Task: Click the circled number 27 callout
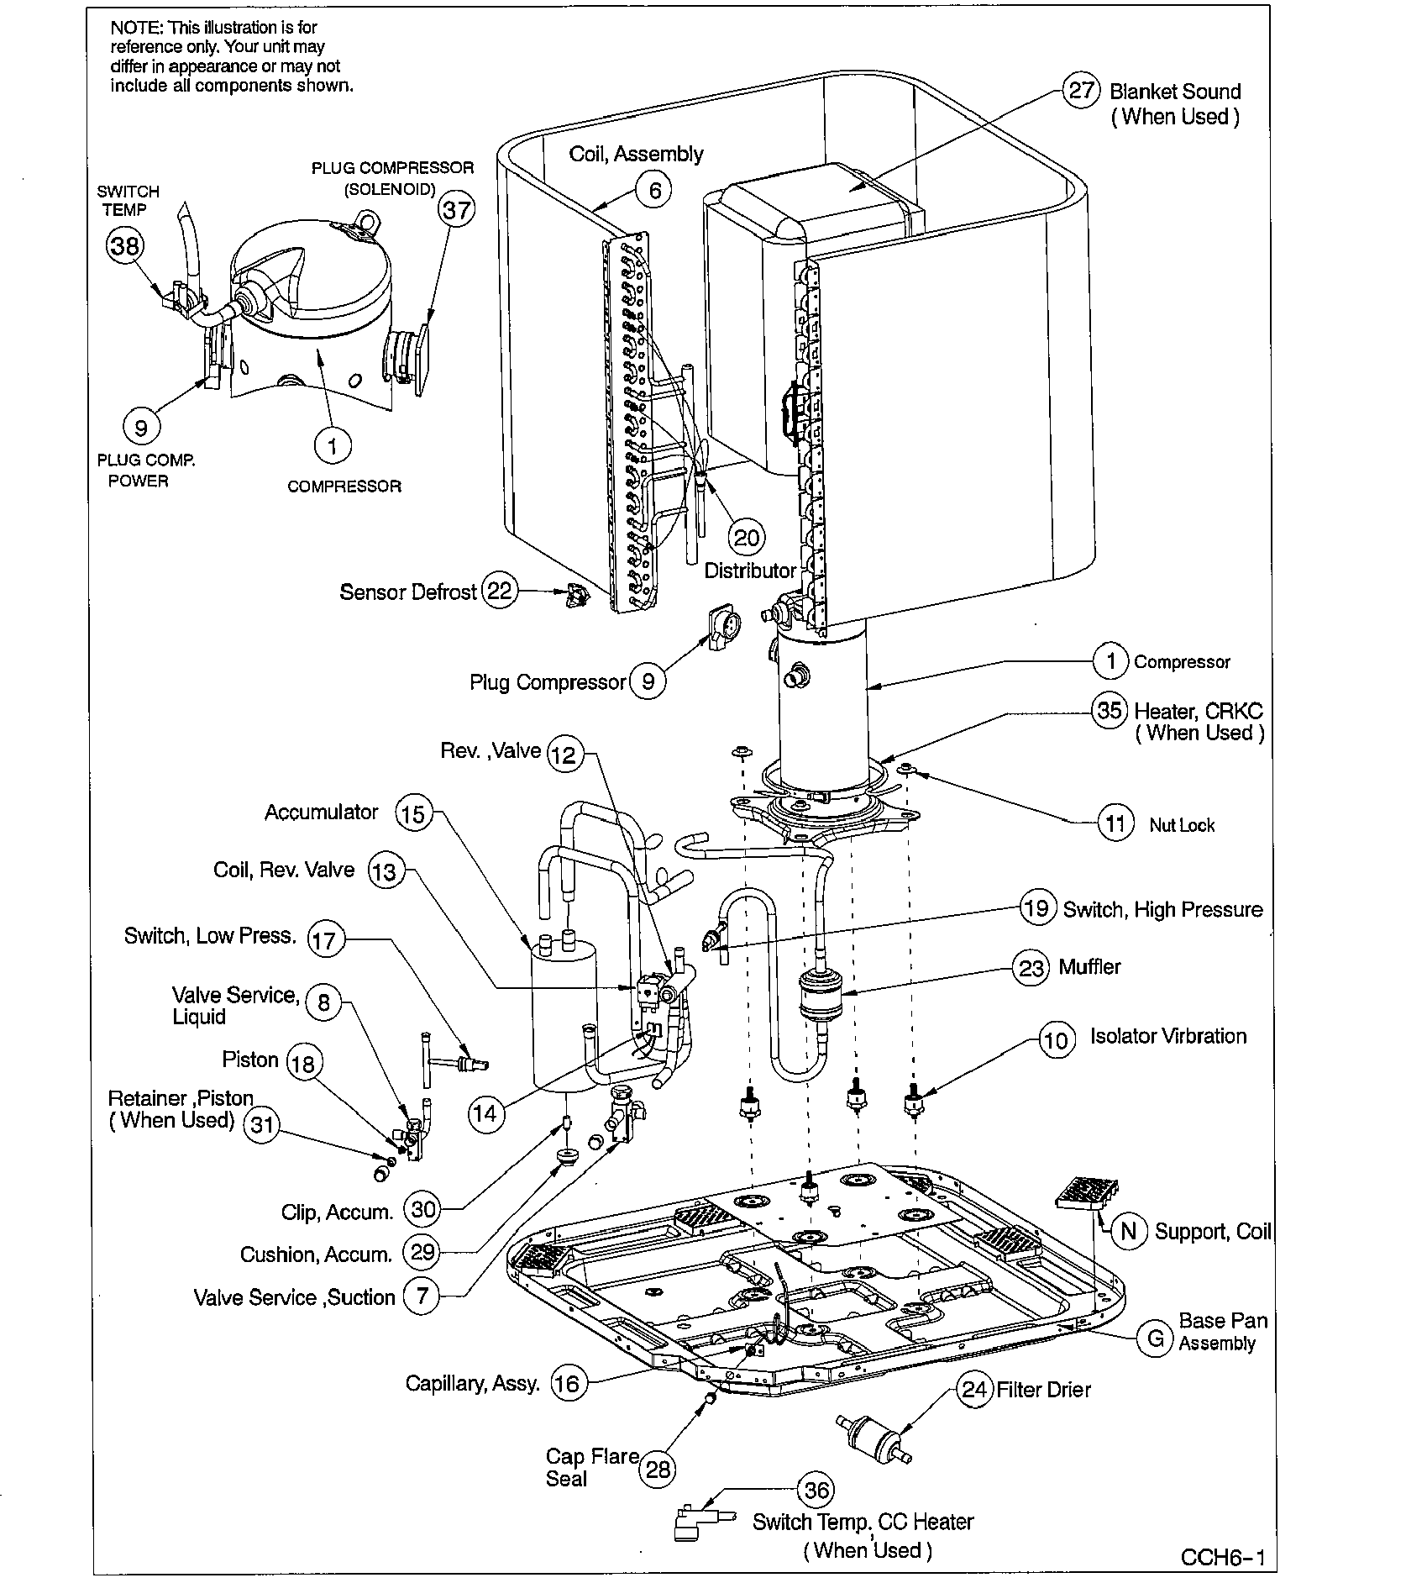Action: pos(1081,90)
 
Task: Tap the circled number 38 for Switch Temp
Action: pos(124,245)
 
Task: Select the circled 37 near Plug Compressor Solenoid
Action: pos(456,209)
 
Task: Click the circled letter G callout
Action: pos(1156,1338)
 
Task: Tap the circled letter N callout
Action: pos(1130,1231)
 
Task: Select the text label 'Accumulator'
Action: pos(322,813)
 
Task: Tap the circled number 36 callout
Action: pos(816,1491)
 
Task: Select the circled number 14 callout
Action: pos(485,1114)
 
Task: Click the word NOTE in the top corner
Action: pos(134,28)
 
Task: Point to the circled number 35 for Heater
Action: pos(1110,711)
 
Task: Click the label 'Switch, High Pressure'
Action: pos(1162,910)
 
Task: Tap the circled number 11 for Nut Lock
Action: pos(1115,824)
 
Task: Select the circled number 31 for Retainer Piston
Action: pos(262,1124)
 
